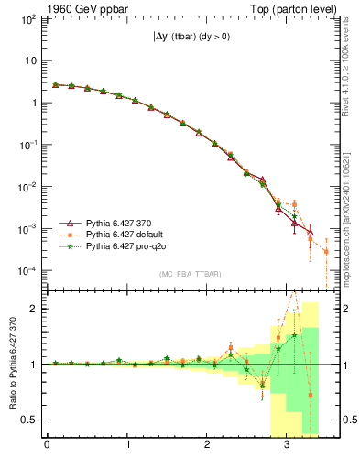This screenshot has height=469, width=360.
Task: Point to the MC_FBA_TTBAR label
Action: [x=183, y=276]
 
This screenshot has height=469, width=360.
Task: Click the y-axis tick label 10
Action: [x=31, y=61]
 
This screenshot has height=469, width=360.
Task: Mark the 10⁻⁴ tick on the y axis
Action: [x=27, y=271]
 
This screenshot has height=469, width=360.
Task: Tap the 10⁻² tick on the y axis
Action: [x=27, y=187]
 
